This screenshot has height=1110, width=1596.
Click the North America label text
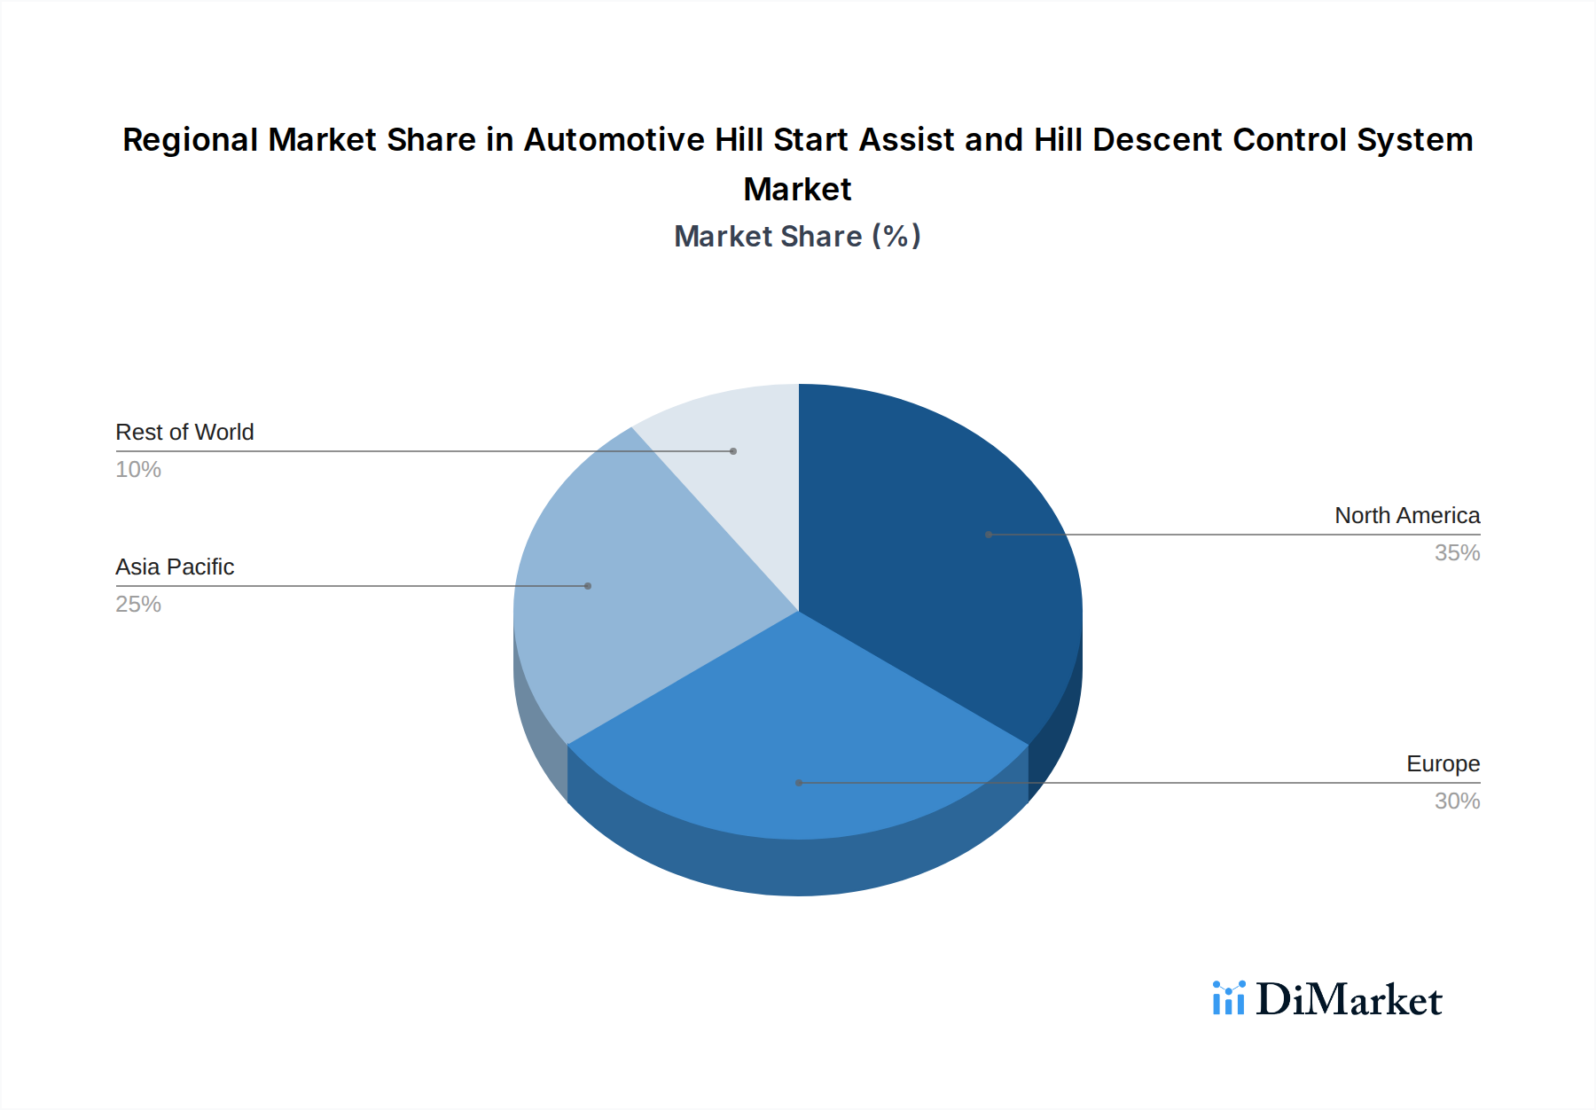click(x=1407, y=515)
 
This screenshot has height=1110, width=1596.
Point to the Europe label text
click(x=1443, y=763)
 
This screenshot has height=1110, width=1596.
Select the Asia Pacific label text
click(x=175, y=567)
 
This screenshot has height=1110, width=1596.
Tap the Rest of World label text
click(x=184, y=432)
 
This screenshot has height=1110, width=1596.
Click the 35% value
click(x=1457, y=552)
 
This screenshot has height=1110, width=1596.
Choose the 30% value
click(x=1457, y=801)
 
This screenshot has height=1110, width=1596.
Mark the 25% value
click(x=138, y=604)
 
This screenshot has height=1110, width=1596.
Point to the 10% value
click(x=138, y=469)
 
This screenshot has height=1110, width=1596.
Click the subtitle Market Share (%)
click(x=797, y=236)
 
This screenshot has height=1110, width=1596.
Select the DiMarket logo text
click(x=1349, y=1000)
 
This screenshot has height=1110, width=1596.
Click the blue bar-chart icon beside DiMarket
click(x=1229, y=998)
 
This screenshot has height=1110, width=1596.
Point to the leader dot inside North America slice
click(x=989, y=535)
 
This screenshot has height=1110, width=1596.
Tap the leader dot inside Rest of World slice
click(x=733, y=451)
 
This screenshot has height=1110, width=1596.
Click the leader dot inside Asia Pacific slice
click(x=588, y=586)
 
